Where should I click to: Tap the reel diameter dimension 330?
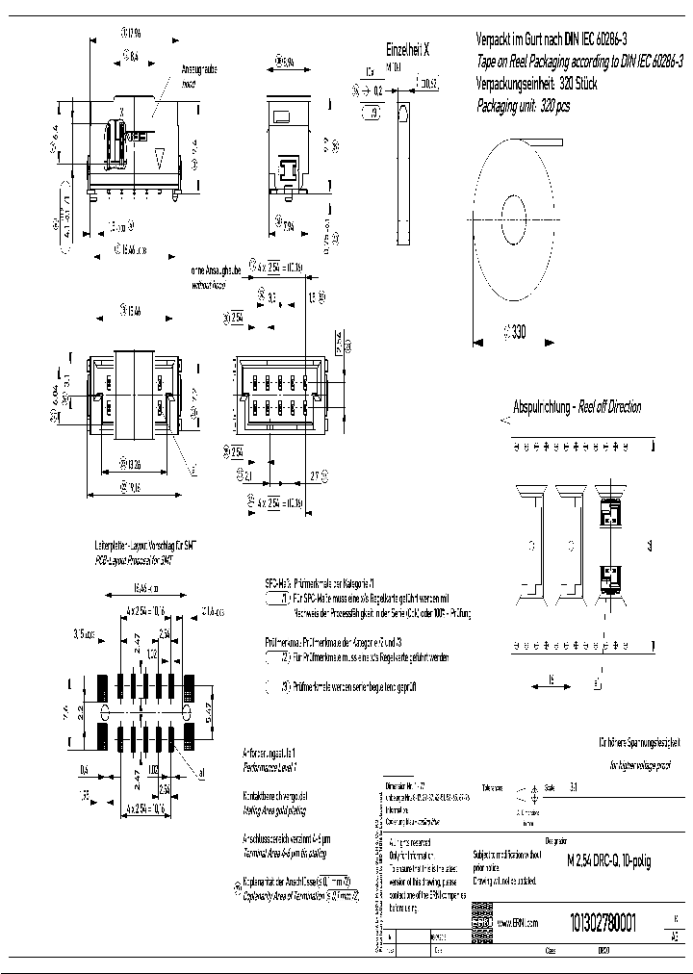(x=518, y=332)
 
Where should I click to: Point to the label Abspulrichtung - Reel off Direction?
(x=577, y=406)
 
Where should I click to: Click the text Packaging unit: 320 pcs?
(x=524, y=106)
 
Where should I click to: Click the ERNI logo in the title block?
(x=481, y=923)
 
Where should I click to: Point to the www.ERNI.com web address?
(x=518, y=923)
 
